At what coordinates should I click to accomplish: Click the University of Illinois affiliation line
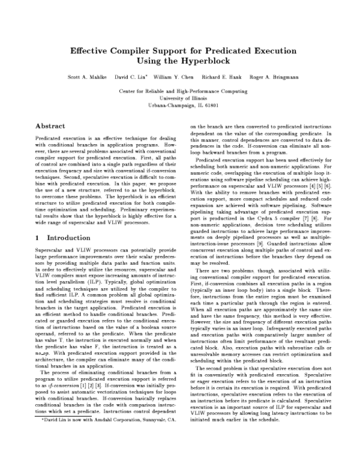(180, 97)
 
